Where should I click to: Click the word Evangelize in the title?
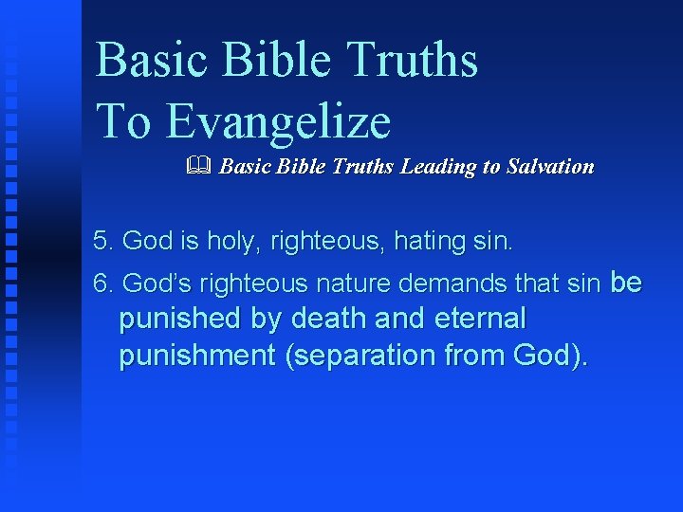pyautogui.click(x=279, y=121)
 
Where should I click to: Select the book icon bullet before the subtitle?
pyautogui.click(x=198, y=167)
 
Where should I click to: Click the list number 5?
pyautogui.click(x=103, y=241)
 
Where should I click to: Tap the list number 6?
pyautogui.click(x=103, y=283)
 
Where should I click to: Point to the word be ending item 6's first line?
pyautogui.click(x=626, y=283)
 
